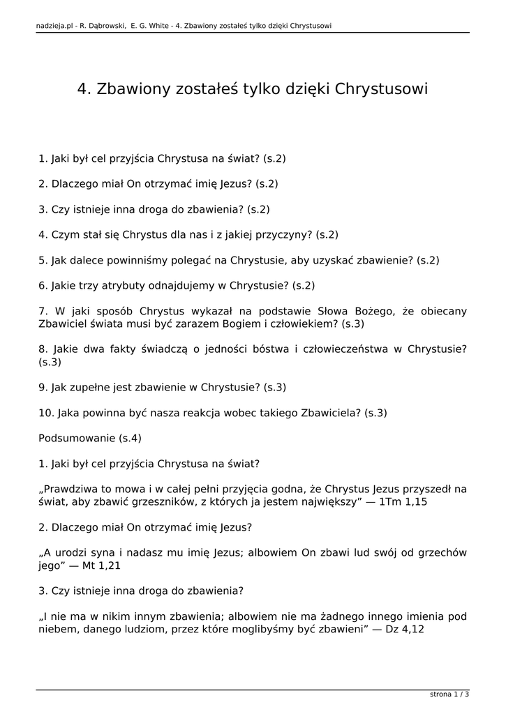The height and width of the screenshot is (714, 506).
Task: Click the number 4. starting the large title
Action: [x=84, y=89]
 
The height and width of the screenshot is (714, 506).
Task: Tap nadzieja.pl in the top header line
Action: [x=53, y=26]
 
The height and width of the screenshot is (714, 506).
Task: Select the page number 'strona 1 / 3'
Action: [x=449, y=694]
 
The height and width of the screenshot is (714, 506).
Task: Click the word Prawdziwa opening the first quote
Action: [x=71, y=489]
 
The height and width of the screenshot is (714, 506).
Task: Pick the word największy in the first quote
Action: [x=325, y=501]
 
